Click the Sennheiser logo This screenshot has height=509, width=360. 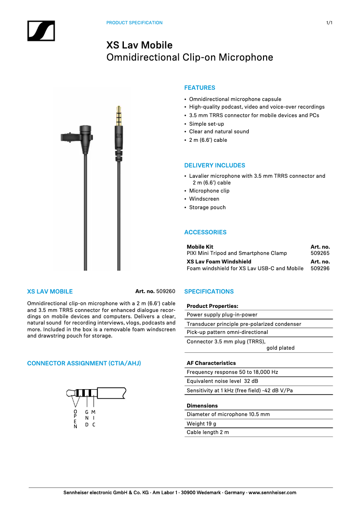pyautogui.click(x=41, y=31)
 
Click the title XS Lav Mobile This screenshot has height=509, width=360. pyautogui.click(x=139, y=45)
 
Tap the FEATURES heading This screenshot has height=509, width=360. pyautogui.click(x=200, y=88)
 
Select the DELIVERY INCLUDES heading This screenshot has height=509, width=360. pyautogui.click(x=215, y=166)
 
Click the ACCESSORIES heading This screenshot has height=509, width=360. pyautogui.click(x=205, y=233)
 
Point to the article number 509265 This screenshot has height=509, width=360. pyautogui.click(x=320, y=254)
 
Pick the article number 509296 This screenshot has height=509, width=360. pyautogui.click(x=320, y=269)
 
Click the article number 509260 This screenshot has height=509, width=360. pyautogui.click(x=166, y=292)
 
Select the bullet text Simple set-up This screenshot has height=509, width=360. pyautogui.click(x=206, y=124)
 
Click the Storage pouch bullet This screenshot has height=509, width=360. pyautogui.click(x=207, y=207)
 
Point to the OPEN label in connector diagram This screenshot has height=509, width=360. pyautogui.click(x=75, y=419)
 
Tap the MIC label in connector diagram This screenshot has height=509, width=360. pyautogui.click(x=94, y=418)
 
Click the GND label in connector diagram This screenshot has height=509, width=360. pyautogui.click(x=87, y=418)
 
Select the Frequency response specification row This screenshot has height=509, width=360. pyautogui.click(x=233, y=373)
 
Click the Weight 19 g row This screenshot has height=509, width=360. pyautogui.click(x=202, y=424)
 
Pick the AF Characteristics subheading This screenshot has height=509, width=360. pyautogui.click(x=211, y=363)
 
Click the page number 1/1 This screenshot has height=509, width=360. pyautogui.click(x=329, y=23)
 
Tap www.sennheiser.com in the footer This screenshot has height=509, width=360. pyautogui.click(x=272, y=493)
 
